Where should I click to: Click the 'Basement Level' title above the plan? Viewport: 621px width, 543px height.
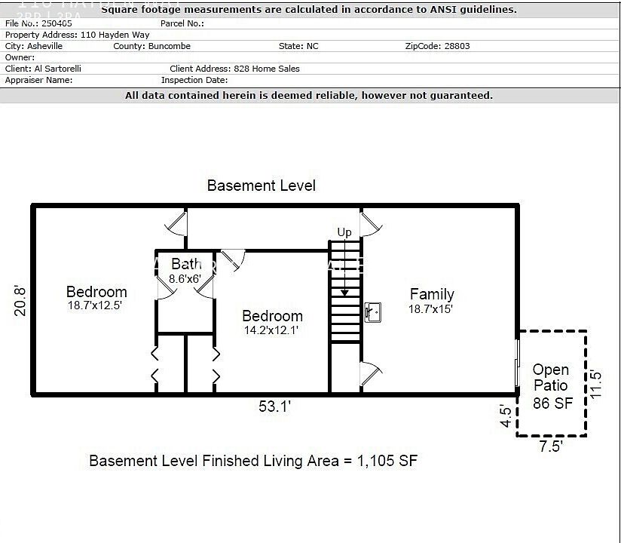[262, 186]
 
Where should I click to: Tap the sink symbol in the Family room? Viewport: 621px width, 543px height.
[372, 311]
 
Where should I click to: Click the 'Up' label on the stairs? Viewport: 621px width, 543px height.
[344, 232]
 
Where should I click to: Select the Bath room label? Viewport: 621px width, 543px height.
[186, 264]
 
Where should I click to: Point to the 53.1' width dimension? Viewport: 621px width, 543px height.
[274, 407]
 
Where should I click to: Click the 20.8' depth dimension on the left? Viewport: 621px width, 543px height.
[21, 300]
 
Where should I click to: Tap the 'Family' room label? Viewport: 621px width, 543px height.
[432, 294]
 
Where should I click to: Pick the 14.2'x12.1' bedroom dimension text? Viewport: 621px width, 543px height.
[271, 330]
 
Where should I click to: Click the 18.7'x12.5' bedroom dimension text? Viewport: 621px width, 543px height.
[94, 305]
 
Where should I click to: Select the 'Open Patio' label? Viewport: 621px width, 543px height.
[551, 378]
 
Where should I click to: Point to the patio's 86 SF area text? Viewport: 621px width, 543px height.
[552, 403]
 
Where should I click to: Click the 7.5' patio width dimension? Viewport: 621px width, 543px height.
[551, 446]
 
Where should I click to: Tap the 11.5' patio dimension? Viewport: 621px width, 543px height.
[597, 384]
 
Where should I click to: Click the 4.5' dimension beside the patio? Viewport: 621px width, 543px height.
[506, 417]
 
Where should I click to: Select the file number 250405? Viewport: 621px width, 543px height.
[57, 23]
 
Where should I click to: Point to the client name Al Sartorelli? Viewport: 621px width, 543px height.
[58, 69]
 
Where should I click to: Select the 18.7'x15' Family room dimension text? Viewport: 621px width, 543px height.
[431, 308]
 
